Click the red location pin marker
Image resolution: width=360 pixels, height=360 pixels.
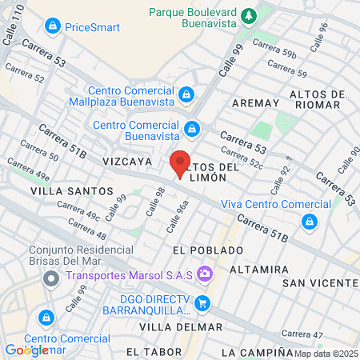click(180, 163)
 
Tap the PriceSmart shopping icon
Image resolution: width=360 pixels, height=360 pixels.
click(53, 27)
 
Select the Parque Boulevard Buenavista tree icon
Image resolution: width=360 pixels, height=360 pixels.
click(249, 14)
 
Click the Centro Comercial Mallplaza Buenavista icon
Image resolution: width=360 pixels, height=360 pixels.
click(186, 95)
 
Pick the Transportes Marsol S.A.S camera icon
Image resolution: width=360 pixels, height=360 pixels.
click(204, 274)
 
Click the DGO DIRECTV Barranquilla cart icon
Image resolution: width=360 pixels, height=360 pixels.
click(202, 303)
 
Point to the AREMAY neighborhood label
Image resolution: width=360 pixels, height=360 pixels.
click(255, 103)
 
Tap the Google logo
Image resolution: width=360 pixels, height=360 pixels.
click(26, 350)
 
